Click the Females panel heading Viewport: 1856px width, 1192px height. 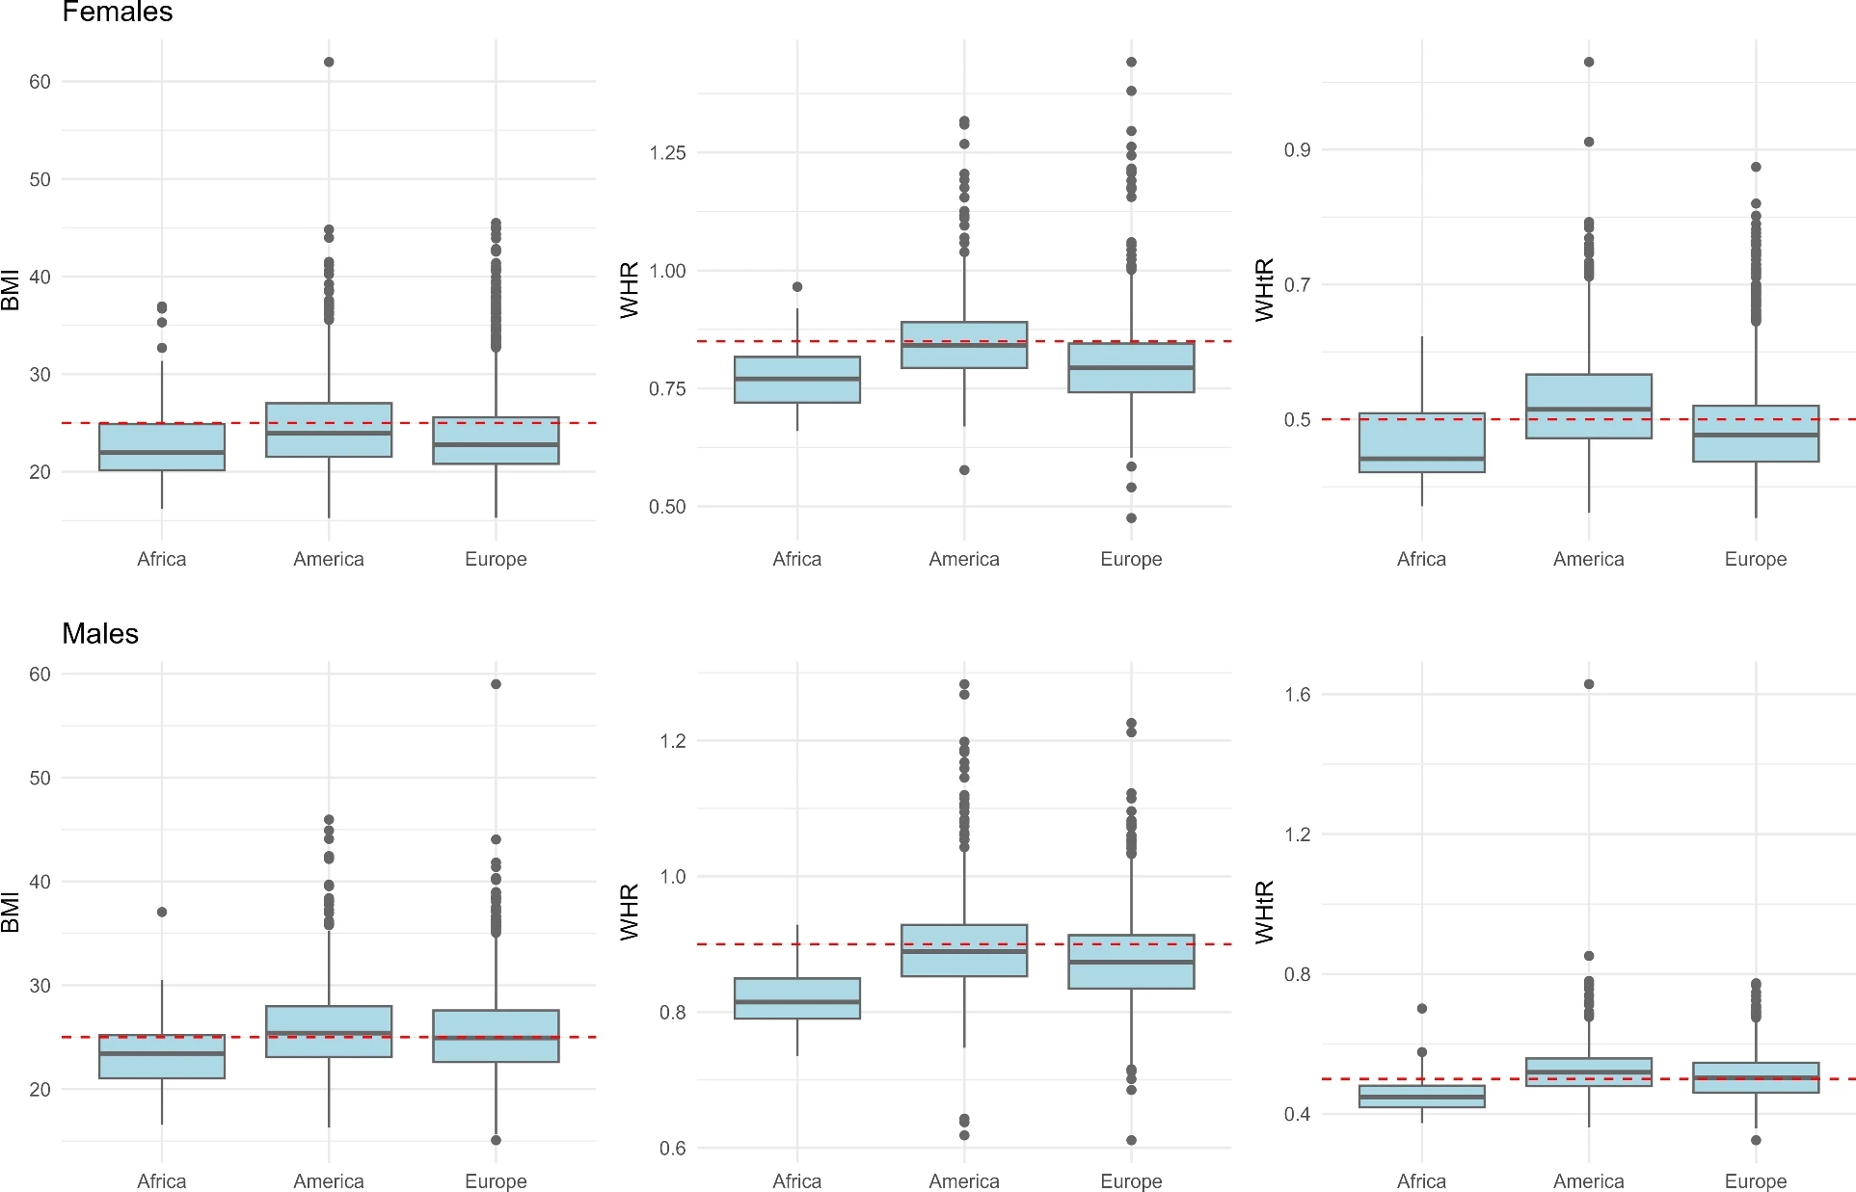[x=117, y=13]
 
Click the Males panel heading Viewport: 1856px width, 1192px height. [x=100, y=633]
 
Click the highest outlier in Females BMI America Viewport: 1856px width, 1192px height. [x=329, y=62]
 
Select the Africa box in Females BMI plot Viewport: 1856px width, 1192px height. [x=162, y=447]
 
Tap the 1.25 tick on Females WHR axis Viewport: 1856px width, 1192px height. [x=667, y=152]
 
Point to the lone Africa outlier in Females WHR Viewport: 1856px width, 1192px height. [x=797, y=287]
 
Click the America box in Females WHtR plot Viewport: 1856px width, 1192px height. [x=1589, y=406]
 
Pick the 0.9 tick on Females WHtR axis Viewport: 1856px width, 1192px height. [x=1297, y=149]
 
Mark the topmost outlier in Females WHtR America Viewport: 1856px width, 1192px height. [x=1589, y=62]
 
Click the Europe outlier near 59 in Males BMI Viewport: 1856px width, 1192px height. [x=496, y=684]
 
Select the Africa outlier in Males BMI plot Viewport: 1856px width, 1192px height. [x=162, y=912]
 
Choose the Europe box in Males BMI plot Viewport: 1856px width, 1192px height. [x=496, y=1036]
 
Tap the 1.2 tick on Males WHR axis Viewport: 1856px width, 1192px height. [x=672, y=740]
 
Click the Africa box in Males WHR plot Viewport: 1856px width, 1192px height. [x=797, y=998]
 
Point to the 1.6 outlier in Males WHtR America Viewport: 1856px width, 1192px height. [x=1589, y=684]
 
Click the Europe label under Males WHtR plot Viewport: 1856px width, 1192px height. [x=1755, y=1180]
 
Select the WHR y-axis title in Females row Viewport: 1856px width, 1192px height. [x=630, y=289]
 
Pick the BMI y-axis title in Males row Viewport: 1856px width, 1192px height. [x=11, y=912]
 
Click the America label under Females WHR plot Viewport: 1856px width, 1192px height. [x=963, y=559]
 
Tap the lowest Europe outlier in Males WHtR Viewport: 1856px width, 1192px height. [x=1756, y=1140]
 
